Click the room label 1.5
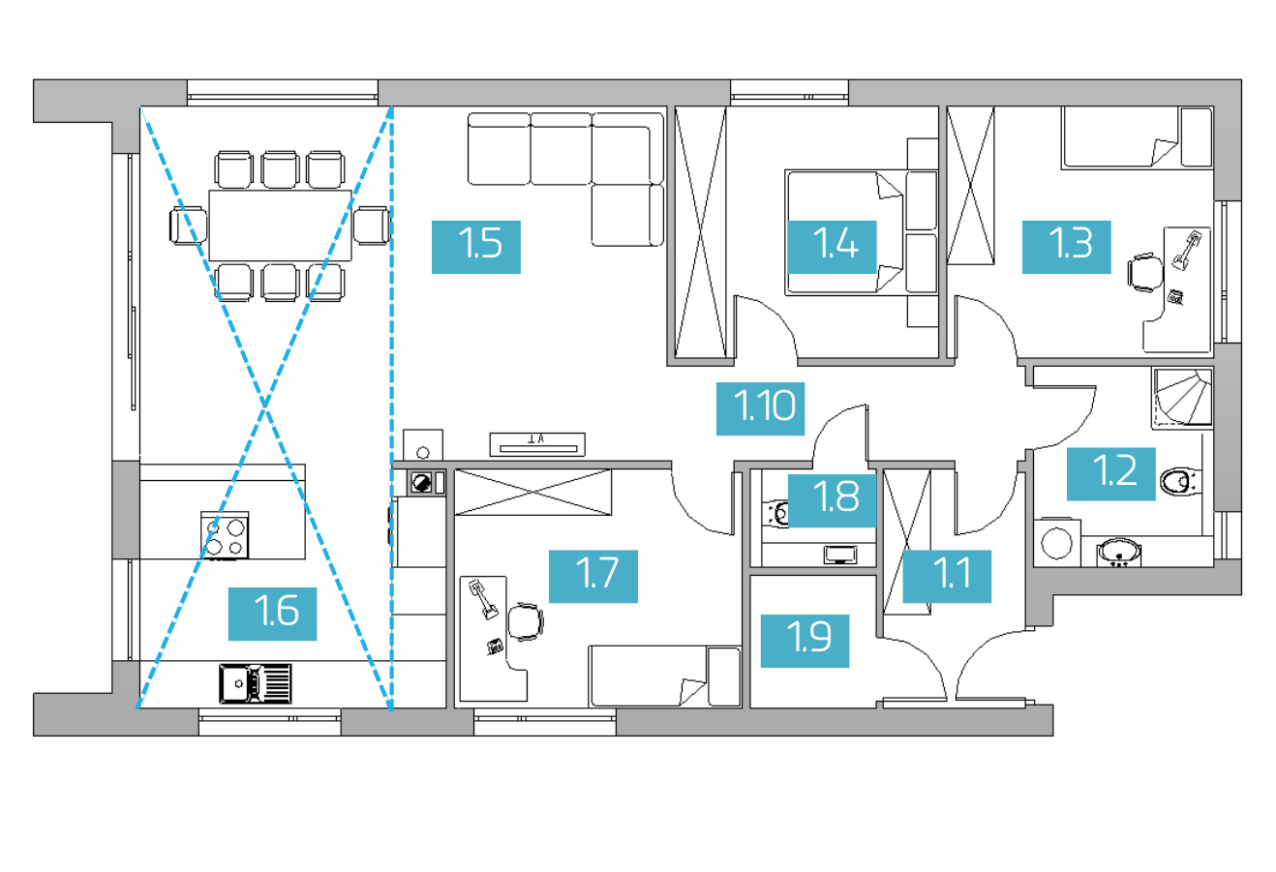point(475,247)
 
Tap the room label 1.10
point(760,408)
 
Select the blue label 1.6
point(272,614)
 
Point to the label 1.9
point(805,641)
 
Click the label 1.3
point(1066,247)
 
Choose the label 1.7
point(593,577)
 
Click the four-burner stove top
point(225,535)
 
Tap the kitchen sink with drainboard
point(256,683)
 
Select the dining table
point(280,225)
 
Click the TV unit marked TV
point(537,444)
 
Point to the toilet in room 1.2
point(1181,481)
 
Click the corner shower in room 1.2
point(1183,398)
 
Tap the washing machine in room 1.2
point(1057,543)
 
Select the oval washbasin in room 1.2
point(1119,552)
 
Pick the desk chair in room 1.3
point(1145,273)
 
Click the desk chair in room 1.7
point(525,621)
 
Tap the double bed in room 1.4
point(843,232)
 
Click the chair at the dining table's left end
point(189,226)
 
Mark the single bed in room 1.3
point(1138,137)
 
